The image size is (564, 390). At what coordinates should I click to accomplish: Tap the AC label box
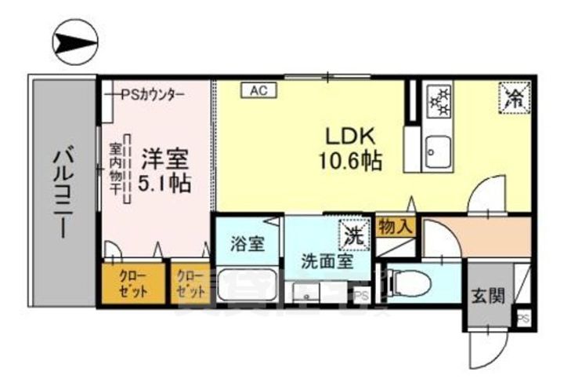(259, 90)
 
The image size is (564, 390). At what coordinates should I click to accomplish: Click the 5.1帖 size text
(165, 185)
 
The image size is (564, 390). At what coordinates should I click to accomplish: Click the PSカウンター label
(152, 94)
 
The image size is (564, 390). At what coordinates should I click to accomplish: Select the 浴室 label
(247, 244)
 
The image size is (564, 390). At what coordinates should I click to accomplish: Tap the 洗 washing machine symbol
(355, 233)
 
